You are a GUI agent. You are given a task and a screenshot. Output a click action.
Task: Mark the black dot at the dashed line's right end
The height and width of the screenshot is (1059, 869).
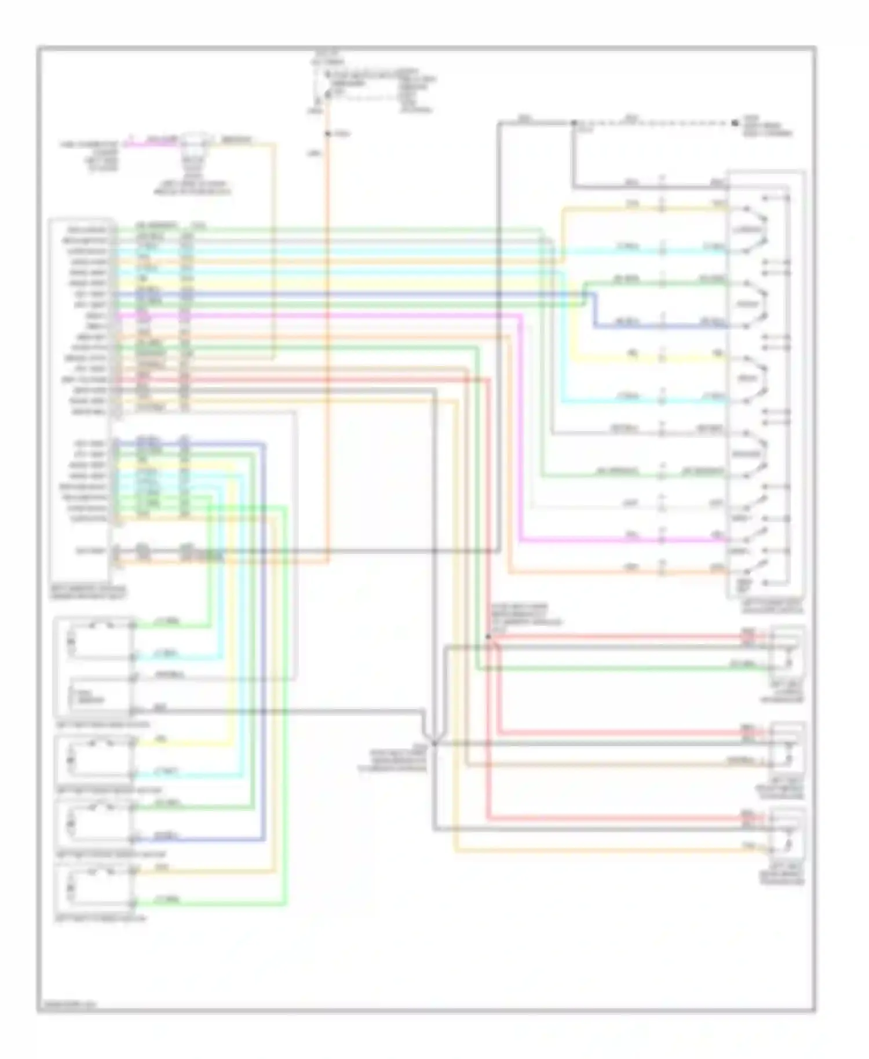[x=735, y=123]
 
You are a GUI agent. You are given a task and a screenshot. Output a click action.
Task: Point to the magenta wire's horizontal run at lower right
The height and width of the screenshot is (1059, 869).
[x=620, y=541]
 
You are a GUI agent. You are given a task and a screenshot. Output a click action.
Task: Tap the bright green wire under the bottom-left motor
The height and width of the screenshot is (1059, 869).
[x=209, y=903]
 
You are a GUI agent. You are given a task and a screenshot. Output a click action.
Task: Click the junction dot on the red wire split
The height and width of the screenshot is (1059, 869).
[x=488, y=637]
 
